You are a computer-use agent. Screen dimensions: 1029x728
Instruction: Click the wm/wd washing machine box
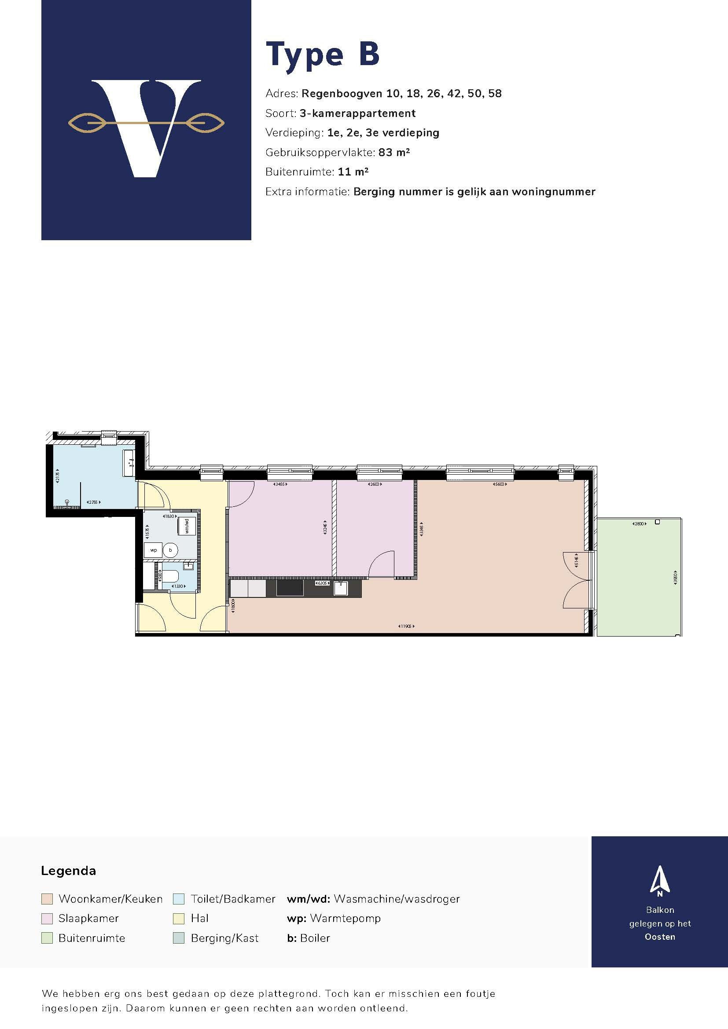(188, 525)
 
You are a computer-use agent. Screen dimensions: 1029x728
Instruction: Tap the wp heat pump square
(153, 550)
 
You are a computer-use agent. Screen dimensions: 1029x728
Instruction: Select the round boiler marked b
(170, 550)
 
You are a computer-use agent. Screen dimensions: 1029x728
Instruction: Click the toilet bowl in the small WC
(170, 576)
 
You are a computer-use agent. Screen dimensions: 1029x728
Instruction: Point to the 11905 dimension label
(406, 626)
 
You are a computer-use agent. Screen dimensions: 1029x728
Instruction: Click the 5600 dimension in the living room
(500, 484)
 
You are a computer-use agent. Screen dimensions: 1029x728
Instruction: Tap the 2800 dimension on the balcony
(638, 524)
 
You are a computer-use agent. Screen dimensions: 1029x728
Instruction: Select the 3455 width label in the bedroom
(280, 484)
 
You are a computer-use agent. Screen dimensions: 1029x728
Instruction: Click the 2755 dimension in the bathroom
(93, 502)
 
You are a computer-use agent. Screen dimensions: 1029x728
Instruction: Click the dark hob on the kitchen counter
(290, 588)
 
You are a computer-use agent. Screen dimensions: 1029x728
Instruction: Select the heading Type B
(323, 55)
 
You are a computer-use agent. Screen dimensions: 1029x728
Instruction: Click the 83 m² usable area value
(394, 152)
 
